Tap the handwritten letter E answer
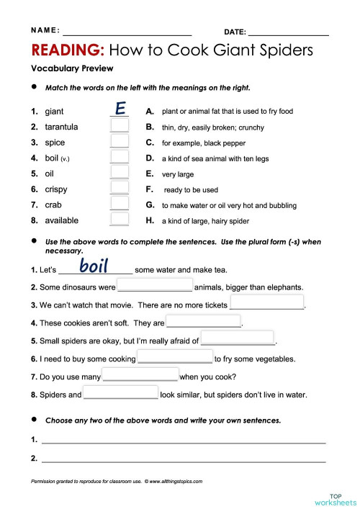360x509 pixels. click(120, 109)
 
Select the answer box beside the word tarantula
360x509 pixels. click(120, 127)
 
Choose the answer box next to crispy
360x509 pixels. click(120, 189)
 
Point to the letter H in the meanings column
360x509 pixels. click(150, 221)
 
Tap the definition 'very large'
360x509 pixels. click(178, 174)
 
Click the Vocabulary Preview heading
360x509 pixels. click(72, 68)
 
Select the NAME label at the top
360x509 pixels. click(45, 30)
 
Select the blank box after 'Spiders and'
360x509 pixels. click(120, 393)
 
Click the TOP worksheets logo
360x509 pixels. click(336, 498)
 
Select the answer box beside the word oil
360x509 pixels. click(120, 174)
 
